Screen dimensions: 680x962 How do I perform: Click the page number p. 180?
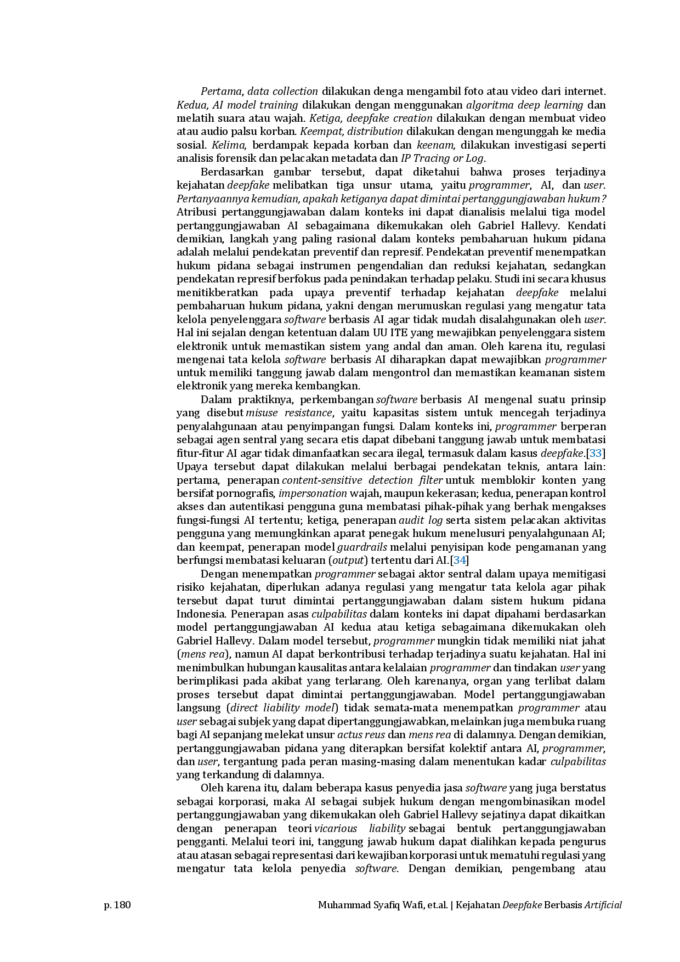coord(117,904)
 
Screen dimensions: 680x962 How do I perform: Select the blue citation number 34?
coord(460,560)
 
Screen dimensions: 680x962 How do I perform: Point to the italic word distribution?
coord(375,132)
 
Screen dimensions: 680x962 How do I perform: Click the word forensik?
coord(236,159)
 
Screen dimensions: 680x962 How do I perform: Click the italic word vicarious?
coord(336,828)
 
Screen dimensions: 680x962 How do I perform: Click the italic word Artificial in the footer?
coord(603,905)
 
